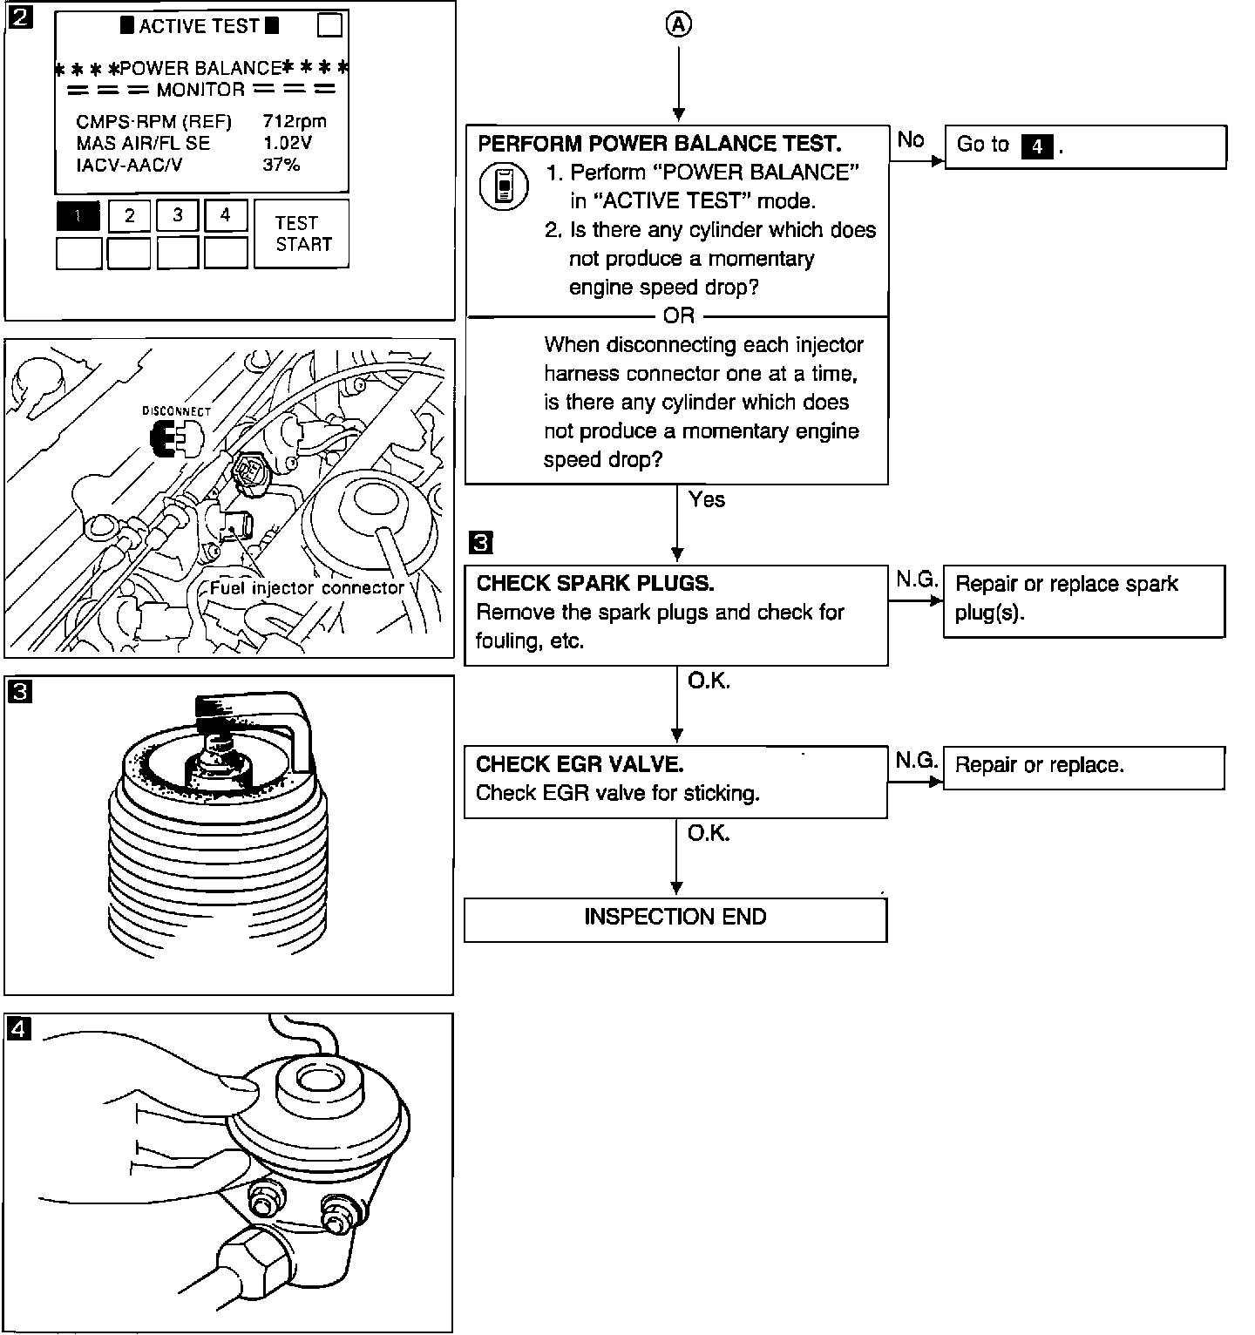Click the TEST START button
pyautogui.click(x=302, y=234)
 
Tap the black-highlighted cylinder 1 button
pyautogui.click(x=78, y=216)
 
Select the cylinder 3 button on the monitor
pyautogui.click(x=178, y=216)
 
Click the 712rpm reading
pyautogui.click(x=295, y=121)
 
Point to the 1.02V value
pyautogui.click(x=287, y=143)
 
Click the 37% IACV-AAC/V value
pyautogui.click(x=281, y=165)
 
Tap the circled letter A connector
pyautogui.click(x=678, y=25)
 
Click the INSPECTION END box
pyautogui.click(x=675, y=918)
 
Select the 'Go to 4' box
pyautogui.click(x=1085, y=146)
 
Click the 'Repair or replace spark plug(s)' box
pyautogui.click(x=1084, y=600)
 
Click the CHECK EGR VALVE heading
pyautogui.click(x=580, y=764)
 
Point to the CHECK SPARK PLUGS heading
pyautogui.click(x=595, y=584)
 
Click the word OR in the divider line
pyautogui.click(x=679, y=316)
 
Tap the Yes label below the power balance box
pyautogui.click(x=706, y=499)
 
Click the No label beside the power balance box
pyautogui.click(x=911, y=139)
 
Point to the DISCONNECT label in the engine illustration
pyautogui.click(x=177, y=410)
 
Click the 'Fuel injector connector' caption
pyautogui.click(x=307, y=588)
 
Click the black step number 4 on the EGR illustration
pyautogui.click(x=19, y=1029)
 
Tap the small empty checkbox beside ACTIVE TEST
pyautogui.click(x=329, y=25)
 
